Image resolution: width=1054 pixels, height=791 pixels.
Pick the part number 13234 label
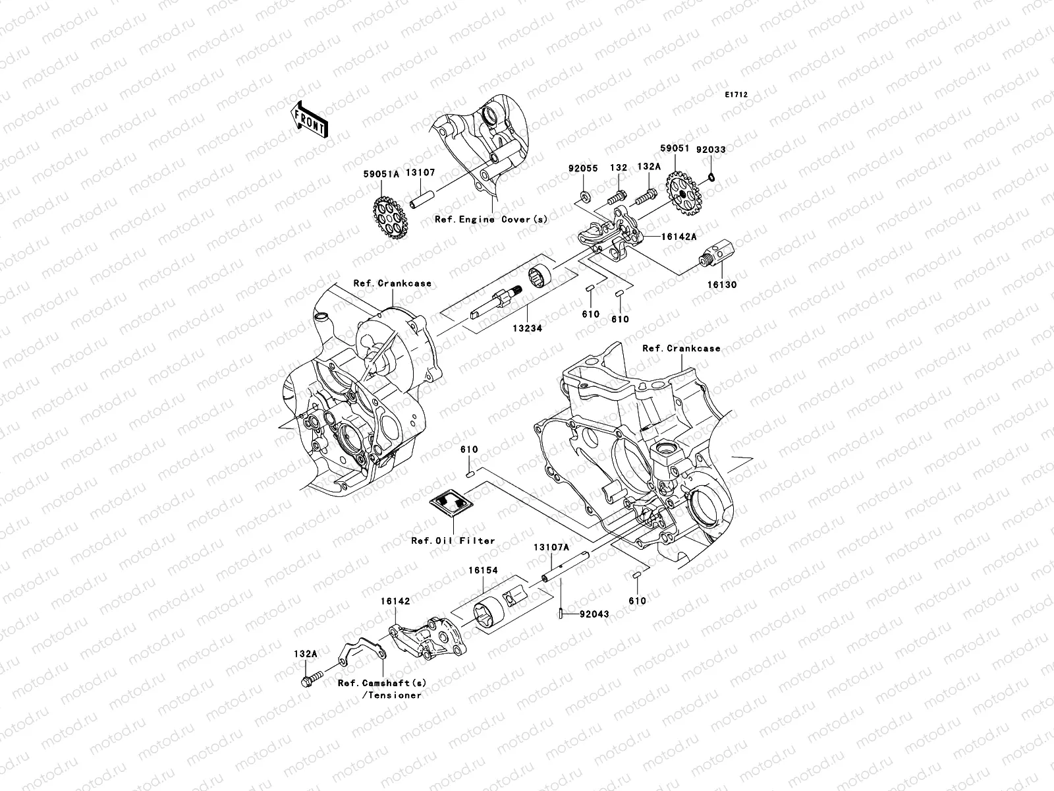pos(529,328)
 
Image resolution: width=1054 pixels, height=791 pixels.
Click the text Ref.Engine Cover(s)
pos(491,220)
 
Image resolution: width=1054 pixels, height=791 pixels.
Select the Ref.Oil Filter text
pos(453,541)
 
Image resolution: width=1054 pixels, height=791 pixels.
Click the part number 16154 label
pos(483,571)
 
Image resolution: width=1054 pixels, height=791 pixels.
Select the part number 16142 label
pos(395,602)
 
